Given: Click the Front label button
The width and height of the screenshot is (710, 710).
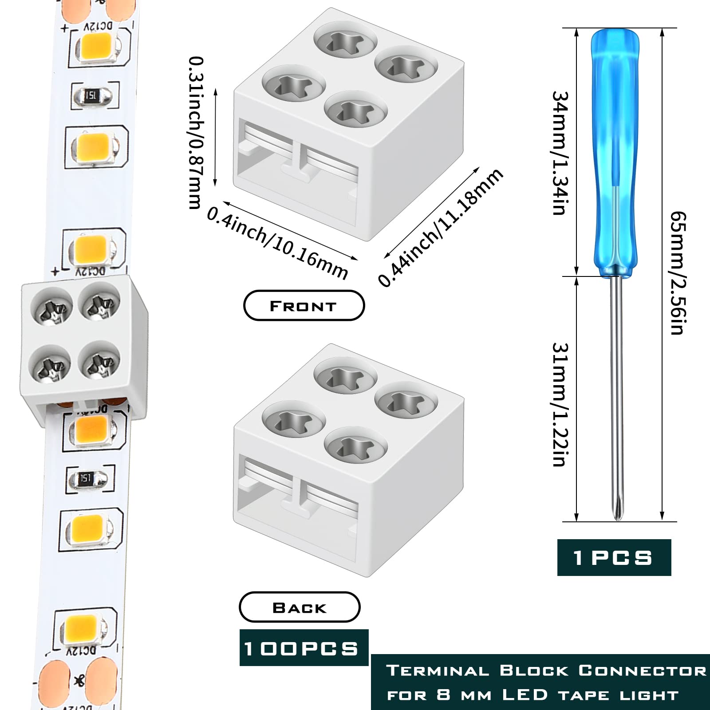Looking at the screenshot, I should coord(304,306).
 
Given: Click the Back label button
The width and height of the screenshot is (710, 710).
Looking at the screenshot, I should coord(300,607).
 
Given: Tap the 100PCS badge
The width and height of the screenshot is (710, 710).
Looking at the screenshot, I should coord(304,648).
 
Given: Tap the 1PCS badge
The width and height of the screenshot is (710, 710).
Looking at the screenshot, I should coord(614,558).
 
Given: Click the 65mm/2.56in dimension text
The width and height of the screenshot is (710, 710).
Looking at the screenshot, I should coord(678,273).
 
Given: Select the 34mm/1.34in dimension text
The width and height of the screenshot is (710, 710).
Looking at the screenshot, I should coord(560,153).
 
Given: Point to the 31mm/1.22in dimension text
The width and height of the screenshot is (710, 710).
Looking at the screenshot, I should coord(560,404).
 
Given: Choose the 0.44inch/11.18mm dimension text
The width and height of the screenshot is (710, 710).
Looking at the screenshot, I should coord(441,227).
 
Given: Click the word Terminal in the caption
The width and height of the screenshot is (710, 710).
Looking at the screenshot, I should coord(437,671).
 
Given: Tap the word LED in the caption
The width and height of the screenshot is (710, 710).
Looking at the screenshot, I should coord(525,694).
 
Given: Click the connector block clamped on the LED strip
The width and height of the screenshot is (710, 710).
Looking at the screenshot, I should coord(83,346).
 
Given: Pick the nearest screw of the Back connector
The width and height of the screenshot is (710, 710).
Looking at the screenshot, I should coord(356,446).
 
